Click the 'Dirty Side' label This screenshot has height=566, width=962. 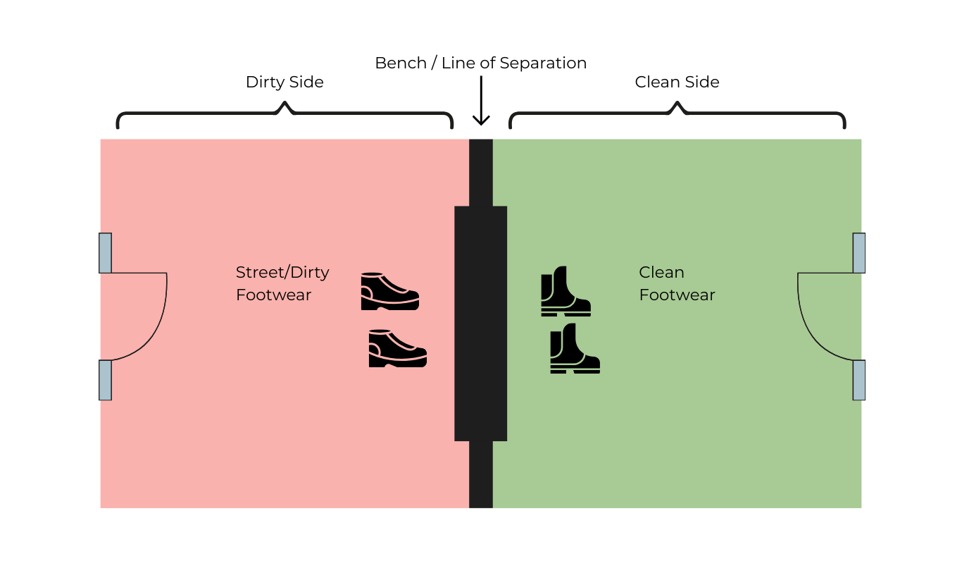tap(285, 82)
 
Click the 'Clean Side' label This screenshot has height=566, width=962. tap(677, 82)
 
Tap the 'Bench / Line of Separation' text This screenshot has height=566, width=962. tap(480, 63)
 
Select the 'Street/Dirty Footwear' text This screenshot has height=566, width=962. tap(282, 283)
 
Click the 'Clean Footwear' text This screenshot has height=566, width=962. tap(676, 283)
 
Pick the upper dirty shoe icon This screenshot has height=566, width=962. tap(389, 291)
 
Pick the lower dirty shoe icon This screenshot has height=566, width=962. tap(397, 348)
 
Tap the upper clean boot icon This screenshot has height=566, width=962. tap(565, 291)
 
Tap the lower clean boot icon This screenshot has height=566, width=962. tap(574, 348)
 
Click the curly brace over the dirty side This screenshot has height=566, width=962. tap(285, 114)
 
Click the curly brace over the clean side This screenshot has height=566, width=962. tap(677, 114)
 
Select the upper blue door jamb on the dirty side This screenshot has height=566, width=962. tap(106, 252)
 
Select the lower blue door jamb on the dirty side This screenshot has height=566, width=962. tap(106, 380)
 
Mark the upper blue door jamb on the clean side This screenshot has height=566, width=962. tap(858, 252)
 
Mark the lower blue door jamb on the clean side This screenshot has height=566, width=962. tap(858, 380)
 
